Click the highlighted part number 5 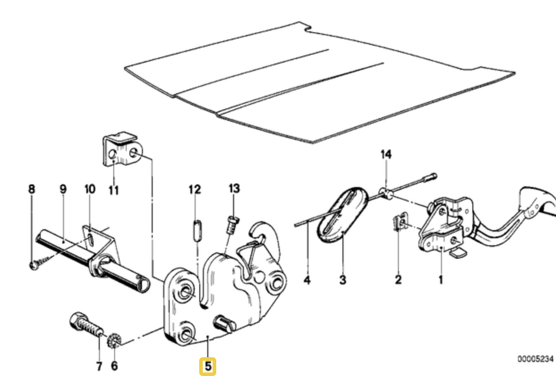207,366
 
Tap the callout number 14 386,155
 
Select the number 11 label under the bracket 114,191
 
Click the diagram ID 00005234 535,359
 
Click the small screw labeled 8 34,265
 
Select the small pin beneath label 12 195,231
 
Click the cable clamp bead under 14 386,193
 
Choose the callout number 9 63,189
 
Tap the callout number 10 90,189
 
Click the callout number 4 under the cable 307,281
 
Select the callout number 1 441,281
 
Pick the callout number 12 195,189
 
